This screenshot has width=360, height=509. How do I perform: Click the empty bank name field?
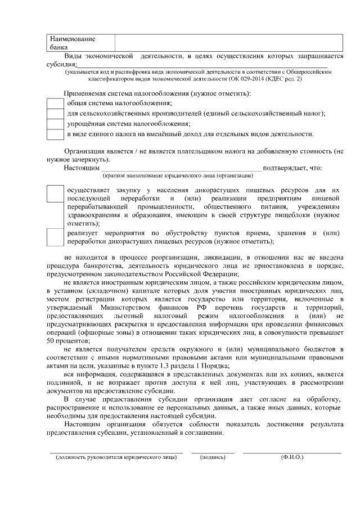(228, 43)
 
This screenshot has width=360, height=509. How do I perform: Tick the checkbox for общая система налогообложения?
(55, 103)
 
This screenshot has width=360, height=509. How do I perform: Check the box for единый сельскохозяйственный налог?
(55, 113)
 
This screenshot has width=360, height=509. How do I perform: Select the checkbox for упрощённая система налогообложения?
(55, 124)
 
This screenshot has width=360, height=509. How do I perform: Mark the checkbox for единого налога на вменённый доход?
(55, 134)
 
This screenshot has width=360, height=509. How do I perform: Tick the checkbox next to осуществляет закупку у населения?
(55, 193)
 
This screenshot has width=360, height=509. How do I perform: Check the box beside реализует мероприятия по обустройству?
(55, 237)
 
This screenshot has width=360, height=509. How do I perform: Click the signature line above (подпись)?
(213, 452)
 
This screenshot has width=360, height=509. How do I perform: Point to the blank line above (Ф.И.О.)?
(292, 452)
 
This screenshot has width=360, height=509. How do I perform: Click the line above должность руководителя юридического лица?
(116, 452)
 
